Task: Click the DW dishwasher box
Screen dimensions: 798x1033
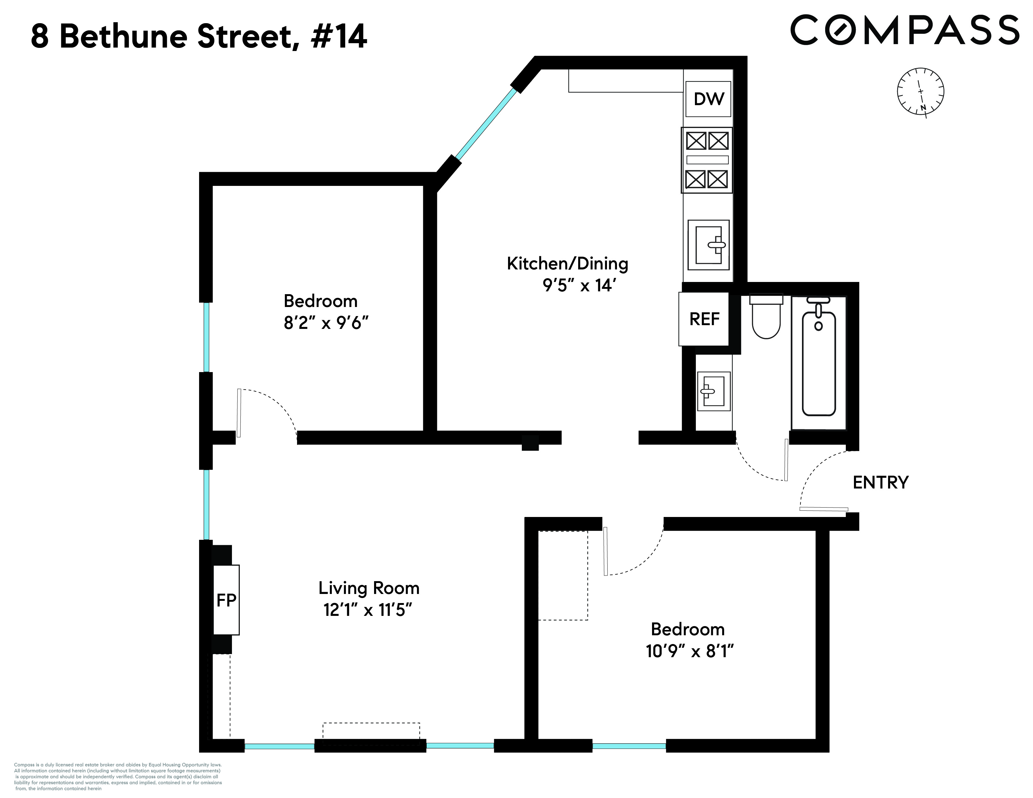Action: click(708, 99)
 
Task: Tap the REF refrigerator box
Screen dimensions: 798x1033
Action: click(704, 319)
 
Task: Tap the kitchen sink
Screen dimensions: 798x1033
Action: click(708, 245)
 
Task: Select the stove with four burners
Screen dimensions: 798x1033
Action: click(707, 160)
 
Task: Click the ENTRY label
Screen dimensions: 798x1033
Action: click(880, 483)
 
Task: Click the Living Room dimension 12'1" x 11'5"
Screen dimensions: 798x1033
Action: click(368, 610)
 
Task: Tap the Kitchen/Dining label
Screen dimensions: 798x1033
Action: click(567, 264)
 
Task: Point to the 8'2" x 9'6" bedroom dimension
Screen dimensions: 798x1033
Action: click(326, 323)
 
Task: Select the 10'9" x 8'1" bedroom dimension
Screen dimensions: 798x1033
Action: click(689, 652)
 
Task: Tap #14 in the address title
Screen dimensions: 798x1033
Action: click(339, 37)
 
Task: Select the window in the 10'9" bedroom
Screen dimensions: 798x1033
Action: click(629, 746)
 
